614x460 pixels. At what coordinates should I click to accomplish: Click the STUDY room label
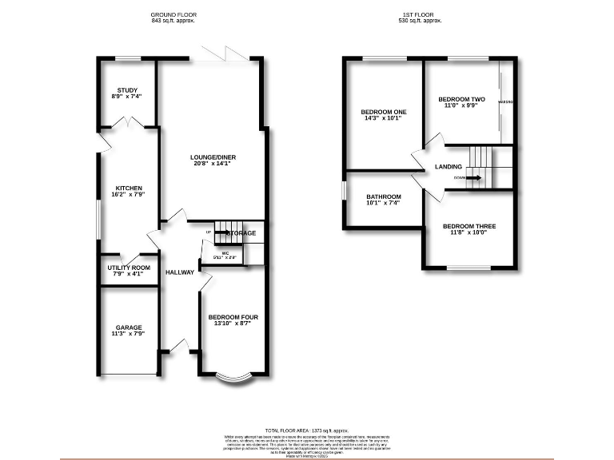point(129,89)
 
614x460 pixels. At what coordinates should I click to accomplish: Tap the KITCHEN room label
point(129,188)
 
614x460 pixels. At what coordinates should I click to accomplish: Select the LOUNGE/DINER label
point(211,157)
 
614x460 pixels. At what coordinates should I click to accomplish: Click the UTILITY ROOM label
point(129,268)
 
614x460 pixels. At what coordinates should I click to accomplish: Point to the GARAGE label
point(129,327)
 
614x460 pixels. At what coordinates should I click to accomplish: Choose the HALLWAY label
point(180,272)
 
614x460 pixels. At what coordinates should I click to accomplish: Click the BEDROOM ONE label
point(384,112)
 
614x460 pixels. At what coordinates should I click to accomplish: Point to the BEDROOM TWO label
point(461,99)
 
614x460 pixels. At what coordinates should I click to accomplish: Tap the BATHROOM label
point(384,196)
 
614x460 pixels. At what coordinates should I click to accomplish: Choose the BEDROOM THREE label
point(469,226)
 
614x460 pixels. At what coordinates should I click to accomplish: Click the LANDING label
point(448,166)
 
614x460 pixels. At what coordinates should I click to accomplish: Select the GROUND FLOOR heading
point(173,15)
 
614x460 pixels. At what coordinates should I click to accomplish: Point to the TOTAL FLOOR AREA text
point(307,430)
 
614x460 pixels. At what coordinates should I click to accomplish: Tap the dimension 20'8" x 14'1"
point(211,164)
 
